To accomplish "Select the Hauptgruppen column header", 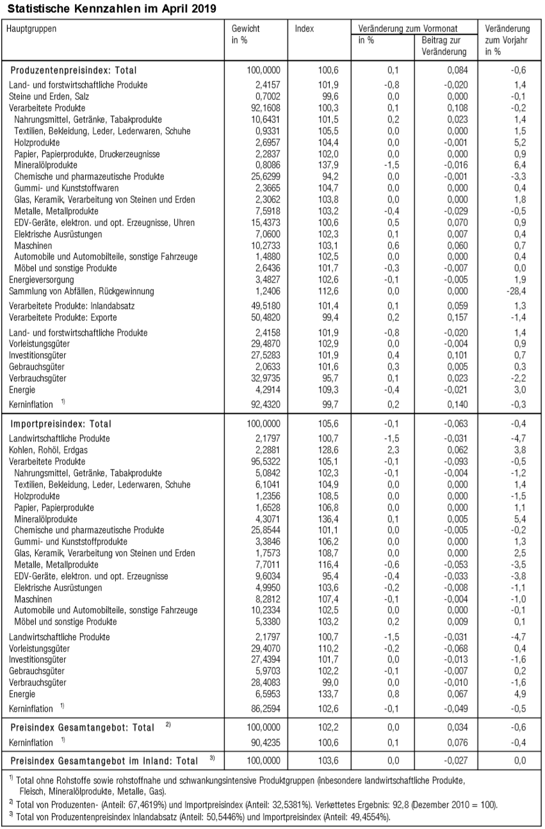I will pos(33,29).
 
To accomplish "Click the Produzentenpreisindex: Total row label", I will pos(74,70).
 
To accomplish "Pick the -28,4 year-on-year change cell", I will pos(519,291).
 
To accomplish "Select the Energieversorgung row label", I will pos(42,279).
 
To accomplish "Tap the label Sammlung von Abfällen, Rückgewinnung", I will pos(81,291).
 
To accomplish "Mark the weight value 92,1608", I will pos(264,108).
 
